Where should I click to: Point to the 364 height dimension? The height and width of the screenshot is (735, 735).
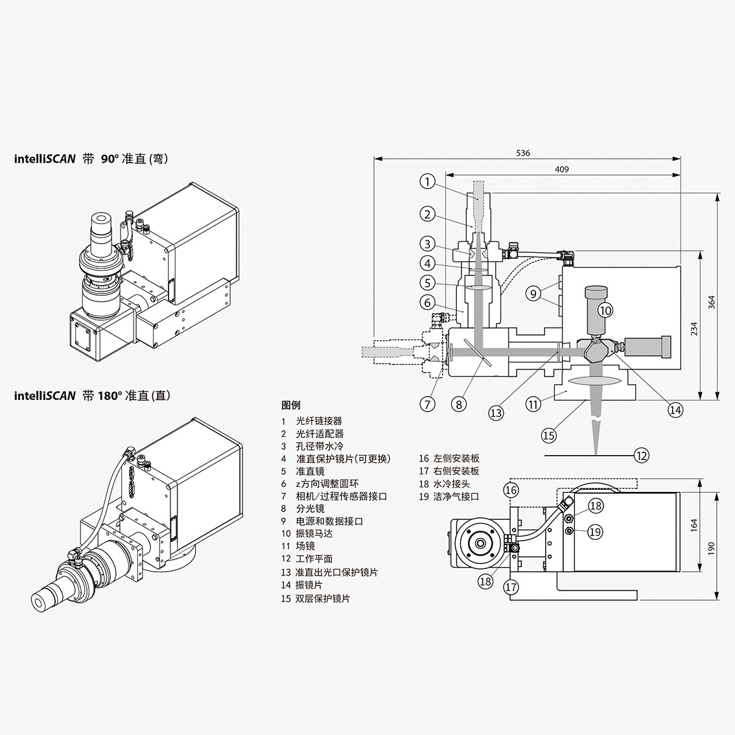pyautogui.click(x=712, y=302)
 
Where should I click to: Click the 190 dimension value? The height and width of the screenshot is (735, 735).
pyautogui.click(x=712, y=547)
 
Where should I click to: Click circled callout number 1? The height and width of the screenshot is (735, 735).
pyautogui.click(x=427, y=181)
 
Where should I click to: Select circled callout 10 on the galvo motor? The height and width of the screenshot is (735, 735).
pyautogui.click(x=605, y=310)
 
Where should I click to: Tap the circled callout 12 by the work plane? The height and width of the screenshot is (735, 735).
pyautogui.click(x=641, y=456)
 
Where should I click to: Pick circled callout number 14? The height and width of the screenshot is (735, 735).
pyautogui.click(x=675, y=410)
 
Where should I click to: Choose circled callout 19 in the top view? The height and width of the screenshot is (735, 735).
pyautogui.click(x=595, y=532)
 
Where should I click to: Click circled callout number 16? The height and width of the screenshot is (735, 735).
pyautogui.click(x=511, y=490)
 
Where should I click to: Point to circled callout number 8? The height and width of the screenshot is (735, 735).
pyautogui.click(x=459, y=404)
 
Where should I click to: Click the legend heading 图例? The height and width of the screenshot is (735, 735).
pyautogui.click(x=291, y=406)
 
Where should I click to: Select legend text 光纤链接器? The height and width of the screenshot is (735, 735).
pyautogui.click(x=318, y=421)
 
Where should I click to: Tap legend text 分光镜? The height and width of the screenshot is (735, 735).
pyautogui.click(x=310, y=509)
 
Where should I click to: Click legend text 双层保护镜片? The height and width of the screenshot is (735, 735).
pyautogui.click(x=322, y=598)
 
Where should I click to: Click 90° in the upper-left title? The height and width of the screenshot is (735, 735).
pyautogui.click(x=109, y=159)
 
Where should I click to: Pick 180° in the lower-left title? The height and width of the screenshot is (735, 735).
pyautogui.click(x=110, y=395)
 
